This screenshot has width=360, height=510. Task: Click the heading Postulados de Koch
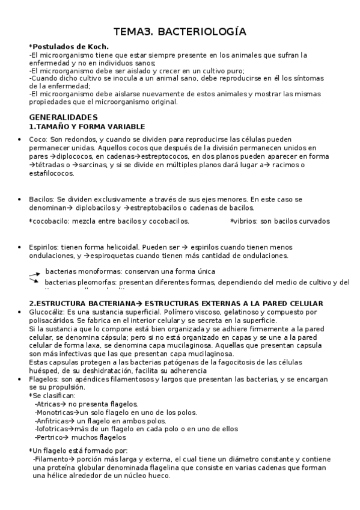[61, 47]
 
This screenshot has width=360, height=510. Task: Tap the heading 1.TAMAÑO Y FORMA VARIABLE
[87, 126]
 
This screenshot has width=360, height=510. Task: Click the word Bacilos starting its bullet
[41, 199]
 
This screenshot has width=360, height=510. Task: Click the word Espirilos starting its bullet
[43, 247]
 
